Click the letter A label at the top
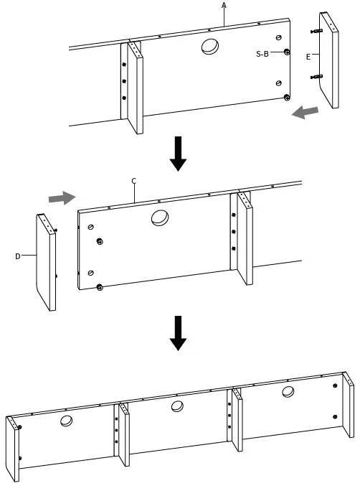(x=224, y=5)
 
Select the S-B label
(x=262, y=54)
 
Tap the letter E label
(x=308, y=55)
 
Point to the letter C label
(x=133, y=181)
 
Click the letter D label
(x=17, y=255)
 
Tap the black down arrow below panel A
(x=178, y=155)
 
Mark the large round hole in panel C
(x=160, y=217)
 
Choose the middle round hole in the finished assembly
(x=178, y=407)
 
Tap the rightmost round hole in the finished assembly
(x=288, y=392)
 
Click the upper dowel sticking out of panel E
(x=316, y=32)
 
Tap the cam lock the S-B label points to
(x=287, y=52)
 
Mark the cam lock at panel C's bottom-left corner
(x=99, y=287)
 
